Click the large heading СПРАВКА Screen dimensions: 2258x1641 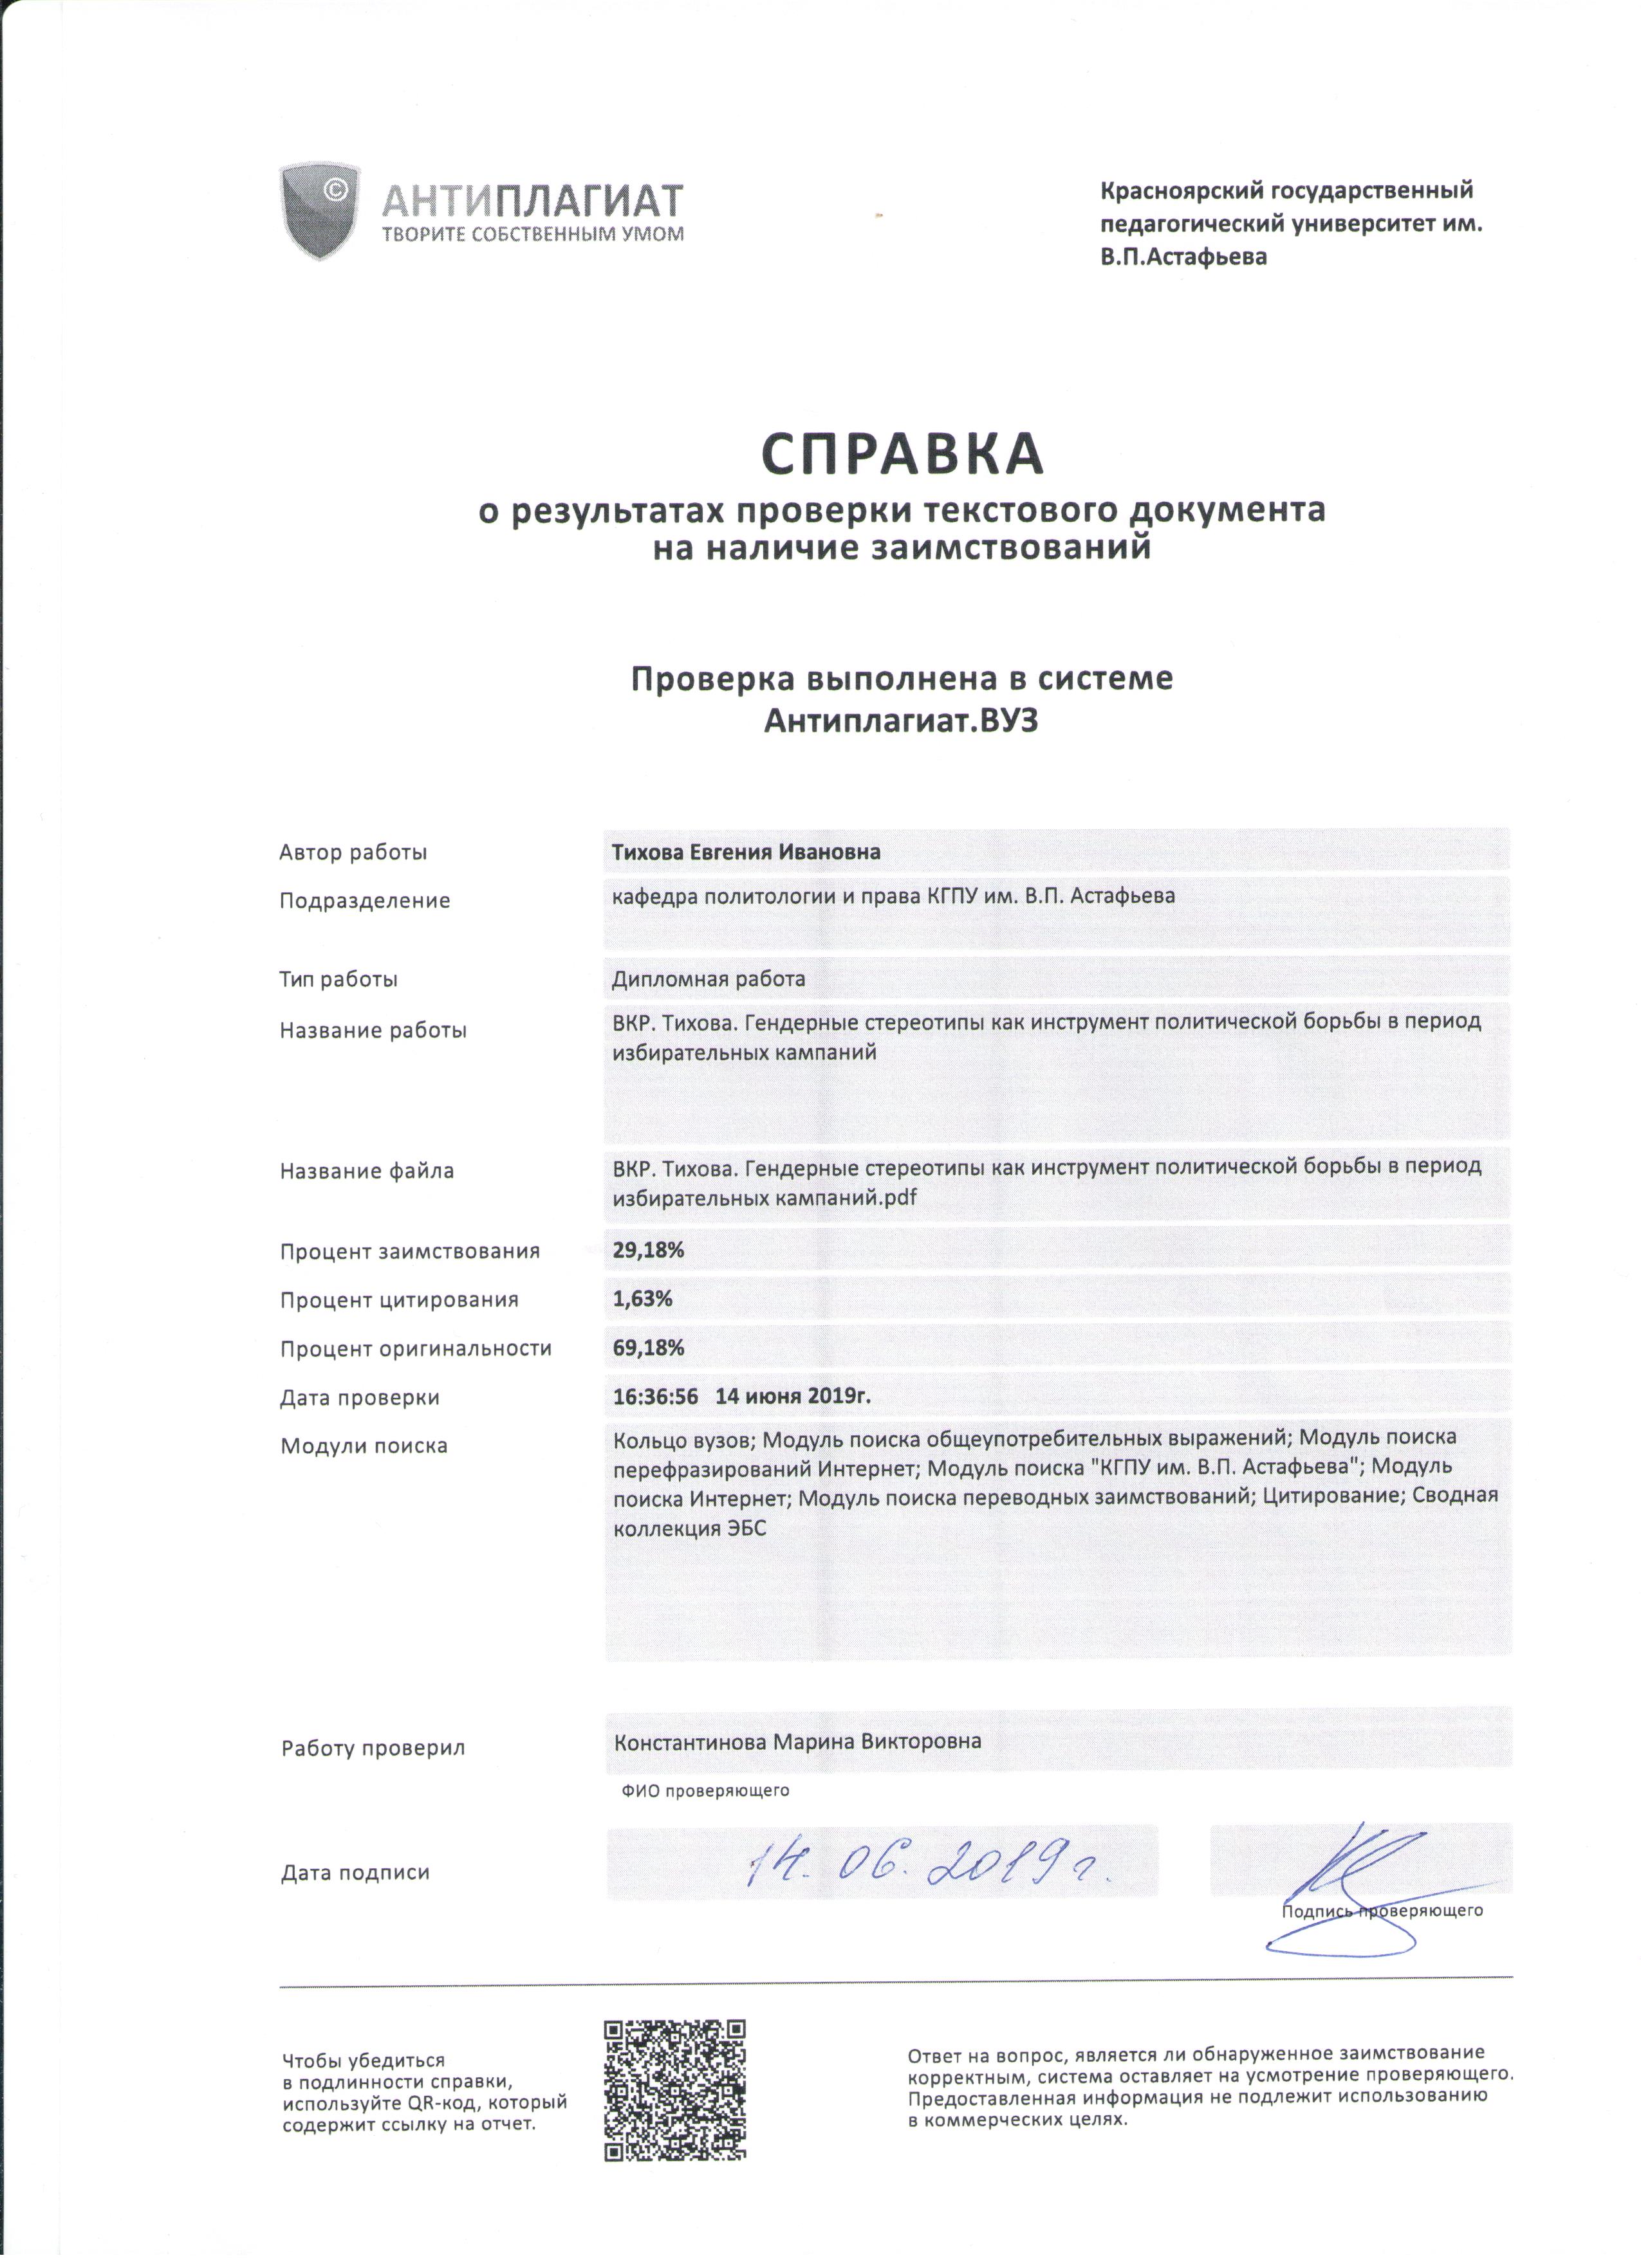902,455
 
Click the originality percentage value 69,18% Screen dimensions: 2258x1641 648,1347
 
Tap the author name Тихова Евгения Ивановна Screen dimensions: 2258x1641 746,852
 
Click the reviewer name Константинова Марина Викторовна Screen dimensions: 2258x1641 797,1742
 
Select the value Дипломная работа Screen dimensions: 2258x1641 708,978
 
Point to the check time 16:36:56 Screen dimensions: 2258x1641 655,1396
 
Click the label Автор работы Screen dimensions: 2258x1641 353,852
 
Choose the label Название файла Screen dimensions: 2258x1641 366,1171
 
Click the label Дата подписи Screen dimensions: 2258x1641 355,1873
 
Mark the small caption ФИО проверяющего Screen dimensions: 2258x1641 705,1791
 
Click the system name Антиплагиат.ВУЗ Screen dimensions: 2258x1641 901,721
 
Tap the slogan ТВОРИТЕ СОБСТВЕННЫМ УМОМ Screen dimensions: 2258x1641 533,235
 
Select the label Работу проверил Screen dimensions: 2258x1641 373,1749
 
